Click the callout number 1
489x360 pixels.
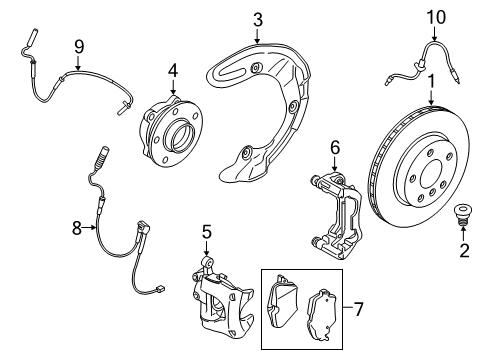pyautogui.click(x=431, y=82)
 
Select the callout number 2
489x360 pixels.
pyautogui.click(x=463, y=249)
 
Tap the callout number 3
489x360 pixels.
pyautogui.click(x=257, y=19)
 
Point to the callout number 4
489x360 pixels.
pyautogui.click(x=172, y=71)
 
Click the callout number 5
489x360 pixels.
pyautogui.click(x=207, y=232)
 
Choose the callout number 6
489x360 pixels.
pyautogui.click(x=335, y=148)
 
